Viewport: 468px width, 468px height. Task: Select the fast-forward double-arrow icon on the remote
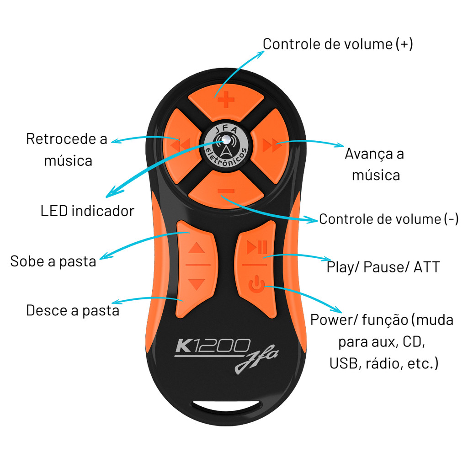click(x=271, y=146)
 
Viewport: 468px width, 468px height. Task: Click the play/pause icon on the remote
click(x=256, y=248)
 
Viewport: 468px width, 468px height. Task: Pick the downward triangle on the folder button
click(x=197, y=284)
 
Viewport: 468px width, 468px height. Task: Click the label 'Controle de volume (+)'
click(x=338, y=44)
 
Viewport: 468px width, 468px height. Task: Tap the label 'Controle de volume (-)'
click(x=388, y=219)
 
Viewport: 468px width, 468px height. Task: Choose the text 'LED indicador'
click(x=87, y=211)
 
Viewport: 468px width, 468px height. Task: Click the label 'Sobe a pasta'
click(x=53, y=261)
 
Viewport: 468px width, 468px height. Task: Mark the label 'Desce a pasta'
click(x=73, y=310)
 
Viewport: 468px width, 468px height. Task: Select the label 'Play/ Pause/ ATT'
click(x=383, y=267)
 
